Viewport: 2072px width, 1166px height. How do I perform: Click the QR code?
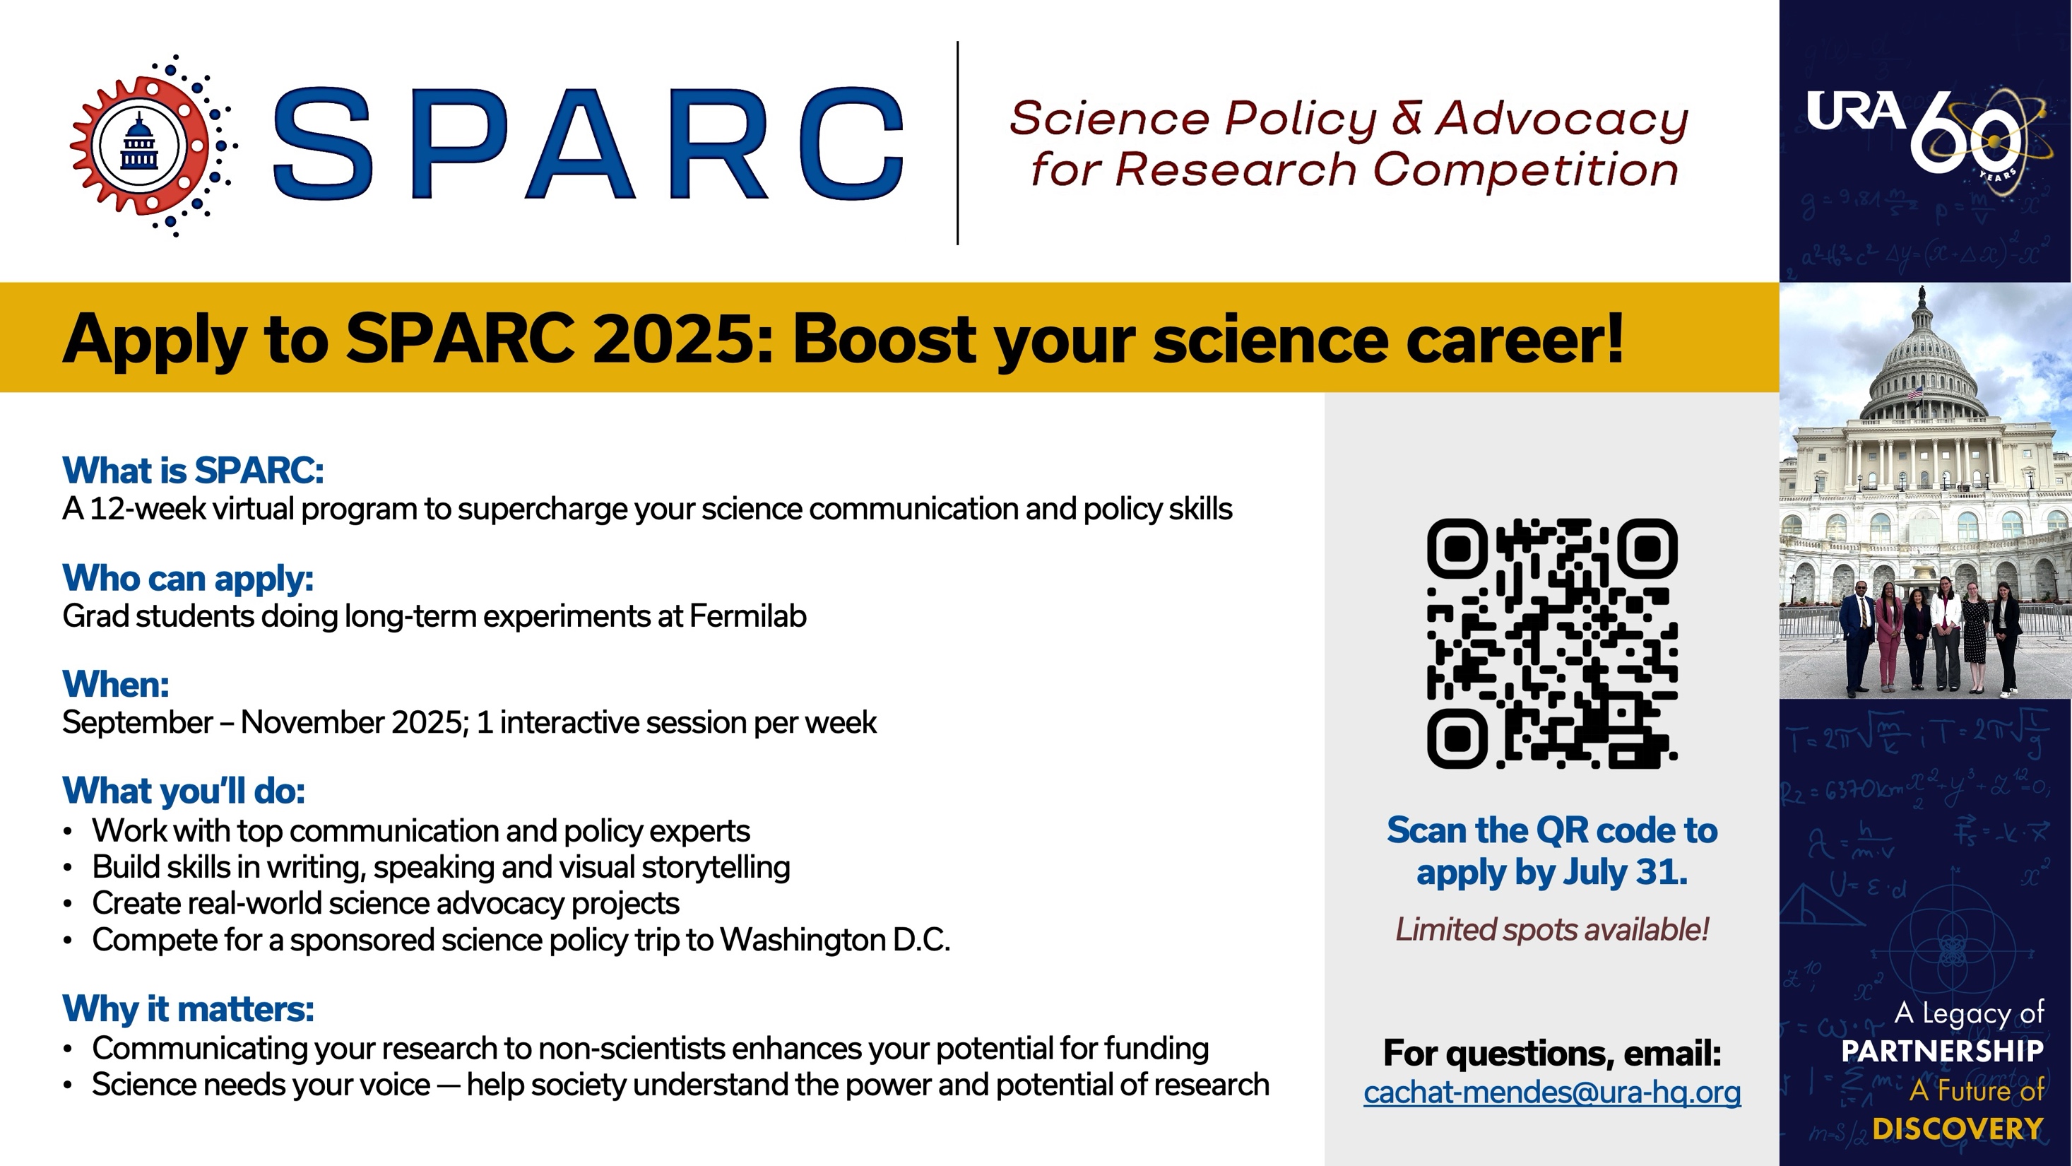click(1551, 643)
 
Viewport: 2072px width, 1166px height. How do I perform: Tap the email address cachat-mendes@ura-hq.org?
click(1552, 1092)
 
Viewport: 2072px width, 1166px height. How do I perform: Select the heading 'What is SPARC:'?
click(193, 471)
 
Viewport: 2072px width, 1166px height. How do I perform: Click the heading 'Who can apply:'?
click(188, 578)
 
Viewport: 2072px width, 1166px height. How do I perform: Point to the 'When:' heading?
click(116, 684)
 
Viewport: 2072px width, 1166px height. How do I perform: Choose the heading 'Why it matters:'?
click(188, 1008)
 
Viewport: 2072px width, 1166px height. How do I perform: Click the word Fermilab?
click(747, 616)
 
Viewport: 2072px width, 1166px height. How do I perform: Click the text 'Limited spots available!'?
click(1552, 929)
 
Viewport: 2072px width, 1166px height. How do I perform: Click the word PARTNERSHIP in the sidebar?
click(1943, 1050)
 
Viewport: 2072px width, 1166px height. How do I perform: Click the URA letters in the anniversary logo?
click(1856, 110)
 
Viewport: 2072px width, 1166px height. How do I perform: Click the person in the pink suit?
click(1888, 639)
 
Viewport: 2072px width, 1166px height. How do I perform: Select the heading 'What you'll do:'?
click(184, 791)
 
